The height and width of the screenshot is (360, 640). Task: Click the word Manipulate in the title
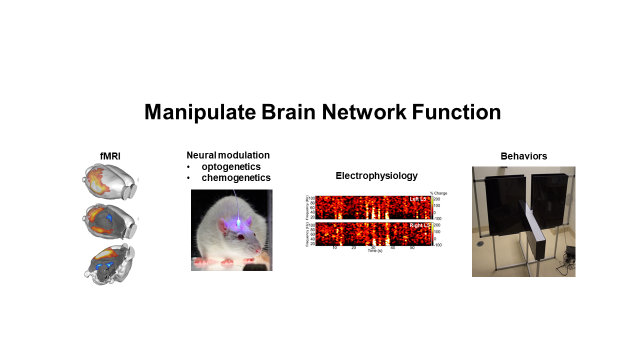pos(200,112)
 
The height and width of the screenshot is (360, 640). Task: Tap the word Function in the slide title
pos(456,112)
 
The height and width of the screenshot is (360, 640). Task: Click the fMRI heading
pos(110,156)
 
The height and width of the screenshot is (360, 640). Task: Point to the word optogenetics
pos(231,166)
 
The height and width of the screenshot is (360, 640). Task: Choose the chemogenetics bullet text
pos(236,177)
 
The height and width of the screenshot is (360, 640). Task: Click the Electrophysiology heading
pos(376,175)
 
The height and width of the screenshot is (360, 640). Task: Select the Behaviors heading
pos(523,156)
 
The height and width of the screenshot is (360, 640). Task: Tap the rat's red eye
pos(241,237)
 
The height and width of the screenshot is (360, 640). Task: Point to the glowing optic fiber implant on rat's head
pos(239,221)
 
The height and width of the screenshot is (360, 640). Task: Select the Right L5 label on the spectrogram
pos(417,226)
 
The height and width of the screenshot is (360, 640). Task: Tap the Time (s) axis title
pos(374,250)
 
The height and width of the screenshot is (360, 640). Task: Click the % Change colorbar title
pos(438,193)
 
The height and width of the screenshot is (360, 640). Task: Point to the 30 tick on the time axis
pos(373,247)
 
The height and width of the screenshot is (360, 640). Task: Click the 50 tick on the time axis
pos(412,247)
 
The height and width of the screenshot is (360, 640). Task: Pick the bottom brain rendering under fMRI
pos(109,264)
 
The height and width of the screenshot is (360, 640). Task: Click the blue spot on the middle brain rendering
pos(109,218)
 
